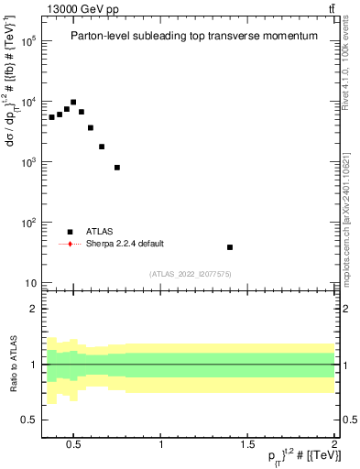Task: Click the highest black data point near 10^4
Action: pyautogui.click(x=73, y=103)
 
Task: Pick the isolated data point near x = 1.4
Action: pyautogui.click(x=230, y=247)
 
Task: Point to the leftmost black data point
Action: pyautogui.click(x=52, y=117)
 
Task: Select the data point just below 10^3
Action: pyautogui.click(x=117, y=168)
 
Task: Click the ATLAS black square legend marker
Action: pyautogui.click(x=70, y=232)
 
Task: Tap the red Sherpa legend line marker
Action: pyautogui.click(x=70, y=244)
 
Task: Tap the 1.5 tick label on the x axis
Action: pyautogui.click(x=248, y=445)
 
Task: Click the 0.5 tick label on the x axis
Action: pyautogui.click(x=75, y=445)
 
